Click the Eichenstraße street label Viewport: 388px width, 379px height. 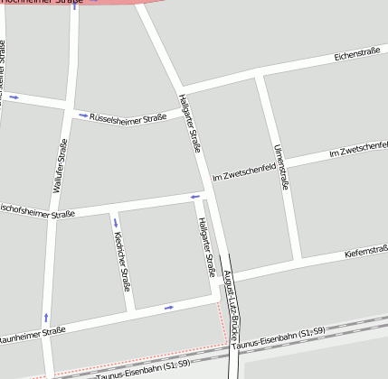(x=356, y=56)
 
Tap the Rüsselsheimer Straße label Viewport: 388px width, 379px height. (x=128, y=117)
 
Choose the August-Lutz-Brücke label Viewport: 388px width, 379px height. (x=231, y=298)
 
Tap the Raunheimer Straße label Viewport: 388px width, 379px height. (x=32, y=333)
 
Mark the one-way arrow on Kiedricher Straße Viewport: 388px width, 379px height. (x=116, y=223)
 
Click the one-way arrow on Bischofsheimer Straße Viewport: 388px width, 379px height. (x=194, y=196)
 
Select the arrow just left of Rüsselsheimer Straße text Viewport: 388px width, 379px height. (x=83, y=116)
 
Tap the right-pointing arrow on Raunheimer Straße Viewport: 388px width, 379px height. (x=169, y=308)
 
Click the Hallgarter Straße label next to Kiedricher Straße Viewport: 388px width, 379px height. (x=207, y=246)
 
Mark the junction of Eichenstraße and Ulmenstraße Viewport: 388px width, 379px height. (x=259, y=77)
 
